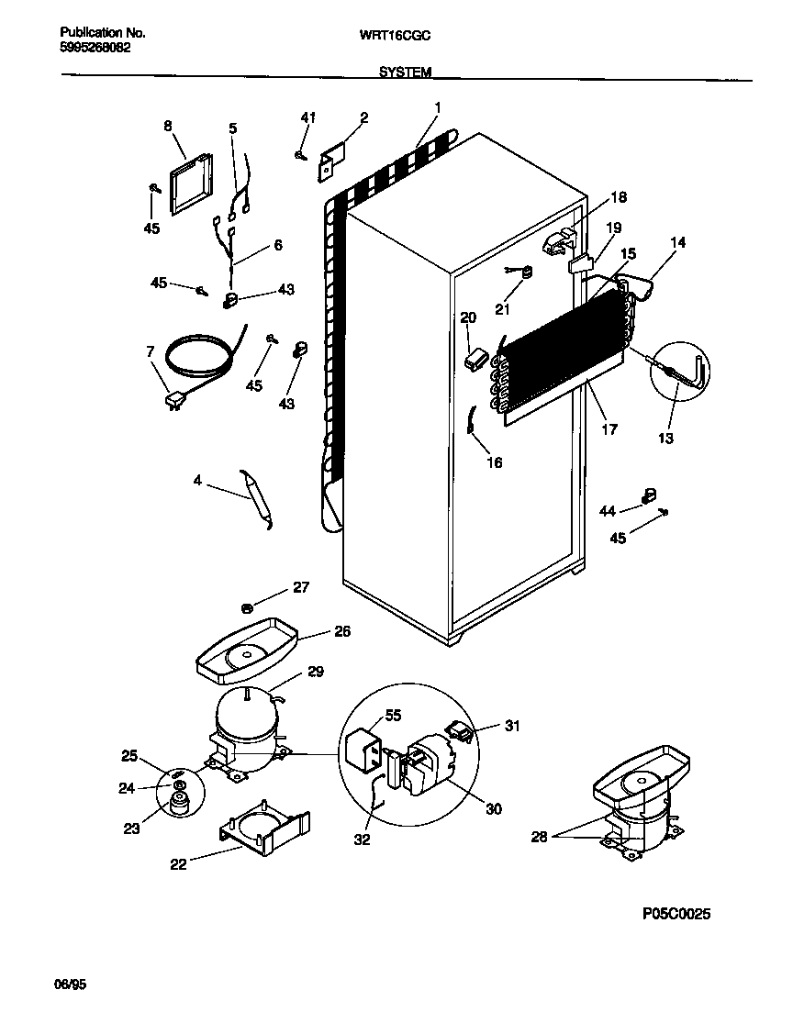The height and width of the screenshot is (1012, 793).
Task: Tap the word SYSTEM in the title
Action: (405, 71)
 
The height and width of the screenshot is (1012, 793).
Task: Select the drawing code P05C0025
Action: (677, 914)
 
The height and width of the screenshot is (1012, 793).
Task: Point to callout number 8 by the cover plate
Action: (168, 126)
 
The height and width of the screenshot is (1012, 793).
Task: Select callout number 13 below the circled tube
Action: (665, 438)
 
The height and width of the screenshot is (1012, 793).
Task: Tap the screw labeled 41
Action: (301, 155)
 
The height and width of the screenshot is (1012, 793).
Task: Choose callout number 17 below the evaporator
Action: (609, 428)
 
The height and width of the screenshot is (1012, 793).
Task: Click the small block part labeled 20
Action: (475, 360)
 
